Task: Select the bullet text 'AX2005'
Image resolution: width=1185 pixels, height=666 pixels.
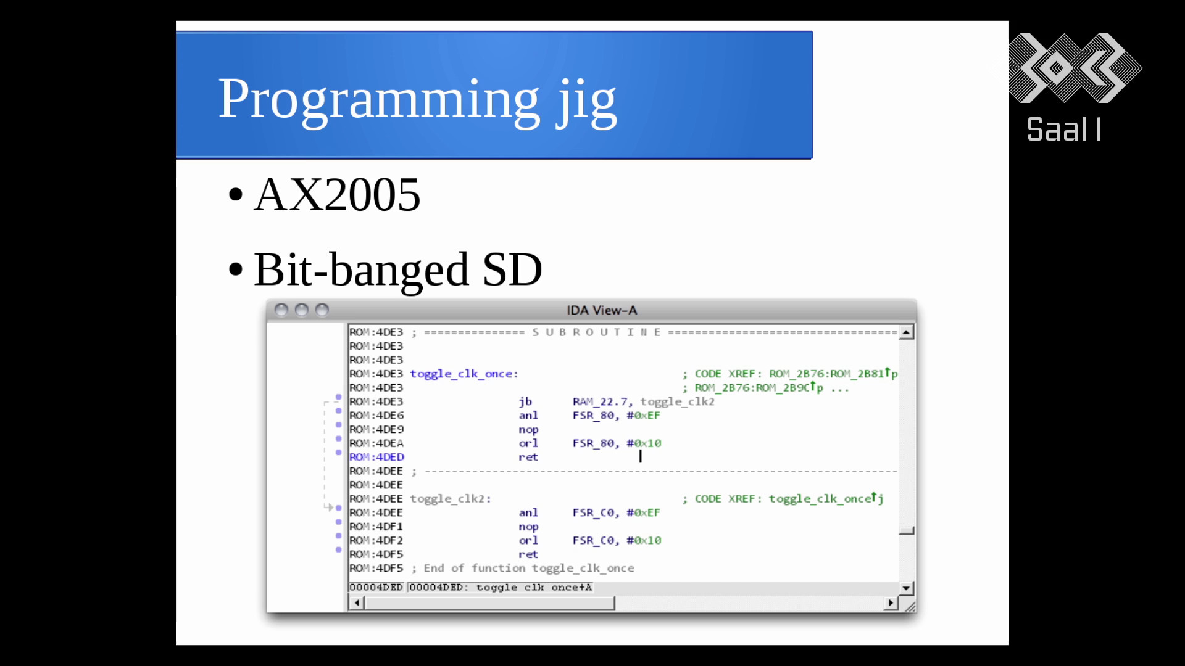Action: (x=337, y=195)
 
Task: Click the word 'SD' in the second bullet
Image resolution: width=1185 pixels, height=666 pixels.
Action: (x=512, y=269)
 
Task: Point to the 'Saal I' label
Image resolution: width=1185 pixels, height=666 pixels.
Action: (x=1064, y=129)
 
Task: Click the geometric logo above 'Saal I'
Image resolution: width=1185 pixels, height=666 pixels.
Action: (x=1075, y=68)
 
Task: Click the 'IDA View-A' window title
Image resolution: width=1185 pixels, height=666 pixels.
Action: (x=602, y=310)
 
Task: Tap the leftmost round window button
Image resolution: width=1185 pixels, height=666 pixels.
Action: (x=281, y=310)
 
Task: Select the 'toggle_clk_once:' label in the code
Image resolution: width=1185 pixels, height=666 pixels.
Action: (x=464, y=374)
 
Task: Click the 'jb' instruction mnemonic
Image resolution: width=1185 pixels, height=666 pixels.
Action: (x=525, y=402)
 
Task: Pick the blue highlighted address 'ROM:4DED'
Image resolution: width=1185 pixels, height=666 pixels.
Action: (x=376, y=457)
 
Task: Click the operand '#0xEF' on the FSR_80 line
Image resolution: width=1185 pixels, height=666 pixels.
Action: (x=643, y=416)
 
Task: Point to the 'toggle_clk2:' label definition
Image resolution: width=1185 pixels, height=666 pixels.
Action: (x=451, y=499)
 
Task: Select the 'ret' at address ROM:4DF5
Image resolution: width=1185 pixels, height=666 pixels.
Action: (x=528, y=554)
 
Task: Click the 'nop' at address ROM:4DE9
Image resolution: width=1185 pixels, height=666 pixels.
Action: (x=528, y=430)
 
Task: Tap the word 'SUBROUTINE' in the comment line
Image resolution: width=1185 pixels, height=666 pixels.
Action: (x=597, y=332)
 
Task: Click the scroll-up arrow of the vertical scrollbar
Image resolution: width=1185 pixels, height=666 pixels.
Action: (x=906, y=333)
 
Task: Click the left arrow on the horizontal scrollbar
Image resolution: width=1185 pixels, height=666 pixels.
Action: (x=357, y=602)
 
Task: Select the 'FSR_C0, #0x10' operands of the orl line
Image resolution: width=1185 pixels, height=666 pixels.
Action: (x=617, y=541)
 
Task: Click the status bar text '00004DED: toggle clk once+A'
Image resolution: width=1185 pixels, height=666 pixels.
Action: (x=501, y=588)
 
